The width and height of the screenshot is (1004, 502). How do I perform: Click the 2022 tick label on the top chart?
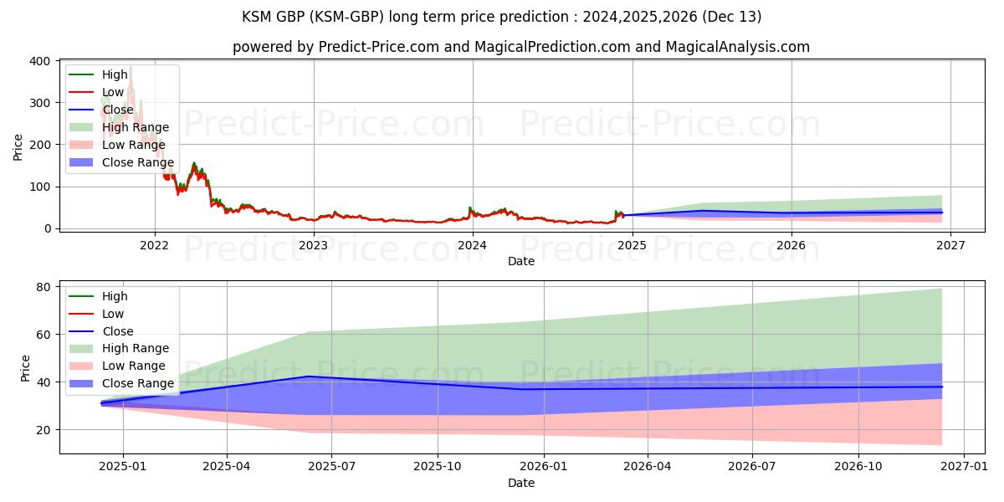[x=154, y=245]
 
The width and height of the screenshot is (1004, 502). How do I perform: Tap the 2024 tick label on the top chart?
[x=472, y=245]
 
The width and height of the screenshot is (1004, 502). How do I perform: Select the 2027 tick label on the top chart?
[x=950, y=245]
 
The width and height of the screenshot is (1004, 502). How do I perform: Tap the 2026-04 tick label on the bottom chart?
[x=648, y=466]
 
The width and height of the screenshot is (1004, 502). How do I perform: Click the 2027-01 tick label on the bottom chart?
[x=965, y=466]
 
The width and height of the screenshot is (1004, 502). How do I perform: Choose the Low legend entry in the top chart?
[x=113, y=92]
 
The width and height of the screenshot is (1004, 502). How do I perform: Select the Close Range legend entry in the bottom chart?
[x=138, y=383]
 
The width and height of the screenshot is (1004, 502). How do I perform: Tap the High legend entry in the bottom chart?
[x=115, y=296]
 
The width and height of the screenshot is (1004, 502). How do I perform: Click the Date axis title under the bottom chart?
[x=521, y=483]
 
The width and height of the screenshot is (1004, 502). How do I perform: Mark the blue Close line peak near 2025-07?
[x=309, y=376]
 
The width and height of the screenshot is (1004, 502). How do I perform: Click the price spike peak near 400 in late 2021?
[x=131, y=66]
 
